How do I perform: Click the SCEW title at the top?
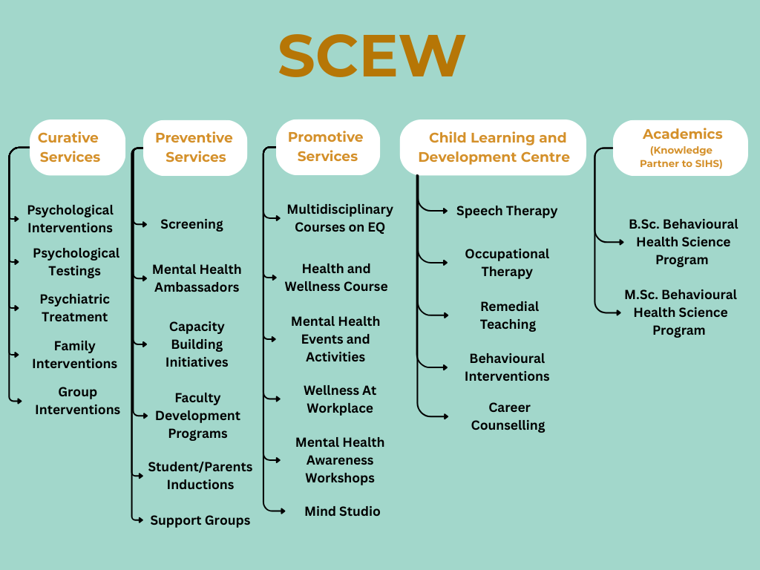[372, 57]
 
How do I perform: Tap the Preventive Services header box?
[194, 147]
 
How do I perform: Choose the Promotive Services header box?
[327, 146]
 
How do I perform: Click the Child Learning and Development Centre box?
[494, 147]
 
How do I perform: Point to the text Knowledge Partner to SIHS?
[681, 157]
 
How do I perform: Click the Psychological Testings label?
[75, 262]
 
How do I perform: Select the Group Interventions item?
[77, 401]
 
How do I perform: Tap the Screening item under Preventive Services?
[191, 224]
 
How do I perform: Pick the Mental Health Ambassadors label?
[197, 278]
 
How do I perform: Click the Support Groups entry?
[200, 520]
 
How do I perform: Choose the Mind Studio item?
[342, 511]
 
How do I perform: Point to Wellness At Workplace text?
[340, 399]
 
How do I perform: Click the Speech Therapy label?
[507, 211]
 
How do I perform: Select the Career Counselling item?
[508, 416]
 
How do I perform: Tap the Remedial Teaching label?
[508, 315]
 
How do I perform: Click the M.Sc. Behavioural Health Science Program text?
[680, 312]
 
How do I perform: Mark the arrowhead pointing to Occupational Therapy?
[445, 262]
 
